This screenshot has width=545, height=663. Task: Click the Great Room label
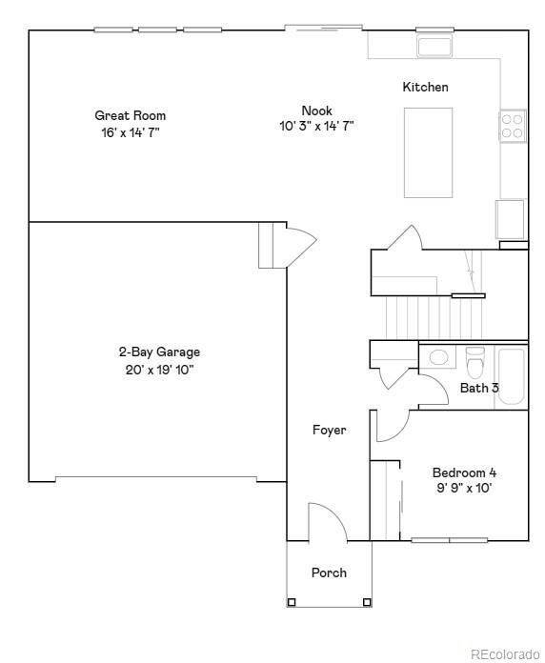(130, 115)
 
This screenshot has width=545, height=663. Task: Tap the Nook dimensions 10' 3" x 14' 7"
(316, 126)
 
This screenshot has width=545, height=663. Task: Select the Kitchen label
(425, 87)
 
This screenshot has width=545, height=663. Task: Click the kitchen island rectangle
(428, 151)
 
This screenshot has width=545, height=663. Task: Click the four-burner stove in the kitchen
(512, 126)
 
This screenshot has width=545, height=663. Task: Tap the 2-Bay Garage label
(152, 352)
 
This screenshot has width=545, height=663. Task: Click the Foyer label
(329, 430)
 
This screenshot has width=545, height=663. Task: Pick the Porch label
(329, 573)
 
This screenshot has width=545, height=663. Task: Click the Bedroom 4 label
(464, 472)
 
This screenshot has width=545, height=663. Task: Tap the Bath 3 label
(479, 388)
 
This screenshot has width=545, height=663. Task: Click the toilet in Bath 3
(474, 363)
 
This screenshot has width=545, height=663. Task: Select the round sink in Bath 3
(438, 358)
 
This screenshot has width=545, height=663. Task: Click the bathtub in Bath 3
(511, 376)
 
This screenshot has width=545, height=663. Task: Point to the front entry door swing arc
(329, 519)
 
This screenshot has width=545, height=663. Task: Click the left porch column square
(292, 601)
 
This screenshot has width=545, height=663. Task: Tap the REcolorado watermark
(504, 653)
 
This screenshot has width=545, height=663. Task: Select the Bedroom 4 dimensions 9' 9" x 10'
(464, 489)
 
